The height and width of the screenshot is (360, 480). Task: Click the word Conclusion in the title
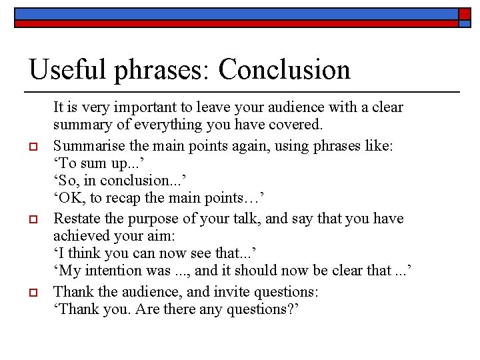pyautogui.click(x=283, y=69)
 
